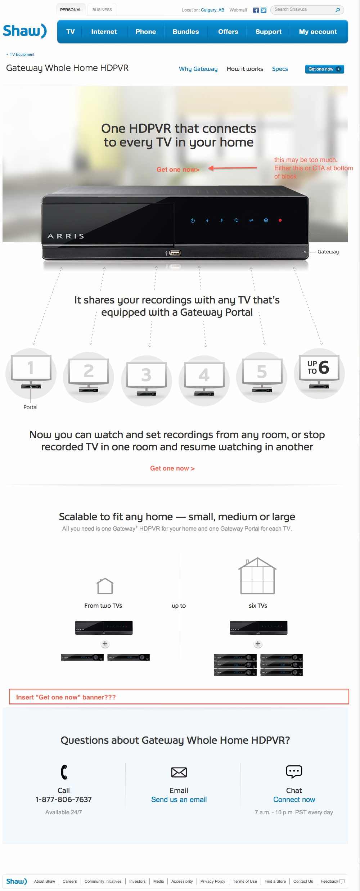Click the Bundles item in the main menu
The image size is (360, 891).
[x=186, y=32]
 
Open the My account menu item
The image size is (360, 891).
[x=318, y=32]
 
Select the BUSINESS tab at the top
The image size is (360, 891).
[x=102, y=10]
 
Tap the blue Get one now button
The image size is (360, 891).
[x=324, y=69]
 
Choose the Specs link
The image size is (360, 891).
[x=280, y=69]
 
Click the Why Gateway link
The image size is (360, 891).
[x=198, y=69]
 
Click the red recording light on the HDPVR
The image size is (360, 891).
[x=280, y=220]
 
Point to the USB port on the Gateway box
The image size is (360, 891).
[x=175, y=253]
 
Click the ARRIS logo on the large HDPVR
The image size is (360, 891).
[x=66, y=236]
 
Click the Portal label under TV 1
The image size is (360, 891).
[x=31, y=407]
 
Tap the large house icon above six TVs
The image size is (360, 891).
[x=257, y=576]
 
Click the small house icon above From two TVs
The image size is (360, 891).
[x=105, y=586]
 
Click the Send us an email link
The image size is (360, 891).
[x=179, y=800]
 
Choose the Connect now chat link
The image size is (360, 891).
[x=294, y=800]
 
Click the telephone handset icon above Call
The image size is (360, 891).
[x=64, y=772]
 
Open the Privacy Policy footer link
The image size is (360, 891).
[x=213, y=881]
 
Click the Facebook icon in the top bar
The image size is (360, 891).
[x=256, y=10]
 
